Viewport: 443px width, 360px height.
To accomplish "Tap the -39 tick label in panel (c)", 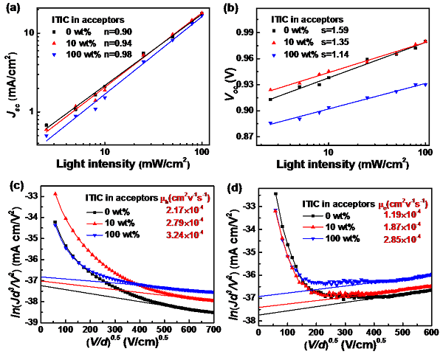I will (x=29, y=322).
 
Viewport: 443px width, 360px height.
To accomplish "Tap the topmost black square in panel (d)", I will (x=275, y=193).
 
